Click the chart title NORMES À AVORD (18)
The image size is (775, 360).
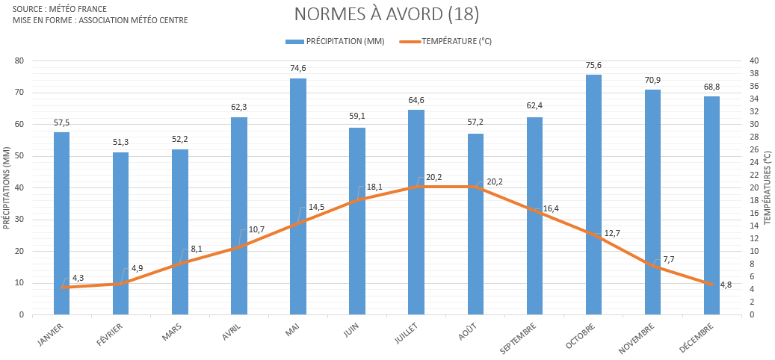(x=386, y=14)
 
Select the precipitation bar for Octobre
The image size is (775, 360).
(x=593, y=194)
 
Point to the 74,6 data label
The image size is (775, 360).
(x=298, y=68)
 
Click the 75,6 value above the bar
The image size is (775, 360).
(x=593, y=65)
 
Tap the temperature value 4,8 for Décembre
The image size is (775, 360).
(x=726, y=285)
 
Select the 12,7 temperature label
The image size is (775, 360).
(x=612, y=233)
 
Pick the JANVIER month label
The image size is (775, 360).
(x=51, y=333)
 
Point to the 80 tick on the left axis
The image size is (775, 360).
(x=19, y=61)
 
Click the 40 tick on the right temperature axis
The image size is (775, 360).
(x=753, y=61)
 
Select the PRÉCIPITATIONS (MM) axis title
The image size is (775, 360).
(x=7, y=187)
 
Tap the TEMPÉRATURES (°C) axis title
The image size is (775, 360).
(x=768, y=187)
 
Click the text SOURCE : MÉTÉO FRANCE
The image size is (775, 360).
(x=60, y=8)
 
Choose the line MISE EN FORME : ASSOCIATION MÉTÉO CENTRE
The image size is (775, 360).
(x=100, y=19)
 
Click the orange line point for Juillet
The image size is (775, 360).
(x=416, y=187)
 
